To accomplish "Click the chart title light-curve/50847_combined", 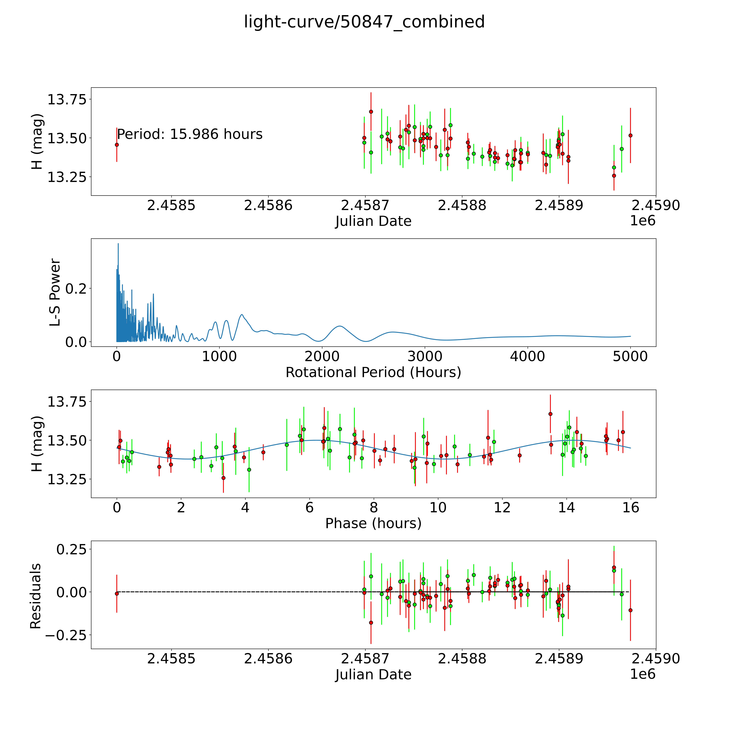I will [364, 22].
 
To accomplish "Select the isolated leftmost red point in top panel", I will [117, 144].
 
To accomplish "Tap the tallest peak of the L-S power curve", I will [118, 244].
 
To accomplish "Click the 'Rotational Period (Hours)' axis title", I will [373, 372].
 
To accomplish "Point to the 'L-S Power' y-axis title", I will [55, 292].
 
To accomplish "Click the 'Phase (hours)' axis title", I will [373, 523].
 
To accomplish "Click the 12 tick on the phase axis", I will [502, 507].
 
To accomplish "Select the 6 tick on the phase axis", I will [309, 507].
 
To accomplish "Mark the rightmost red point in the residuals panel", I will [630, 610].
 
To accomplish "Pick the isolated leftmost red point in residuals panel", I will [117, 594].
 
